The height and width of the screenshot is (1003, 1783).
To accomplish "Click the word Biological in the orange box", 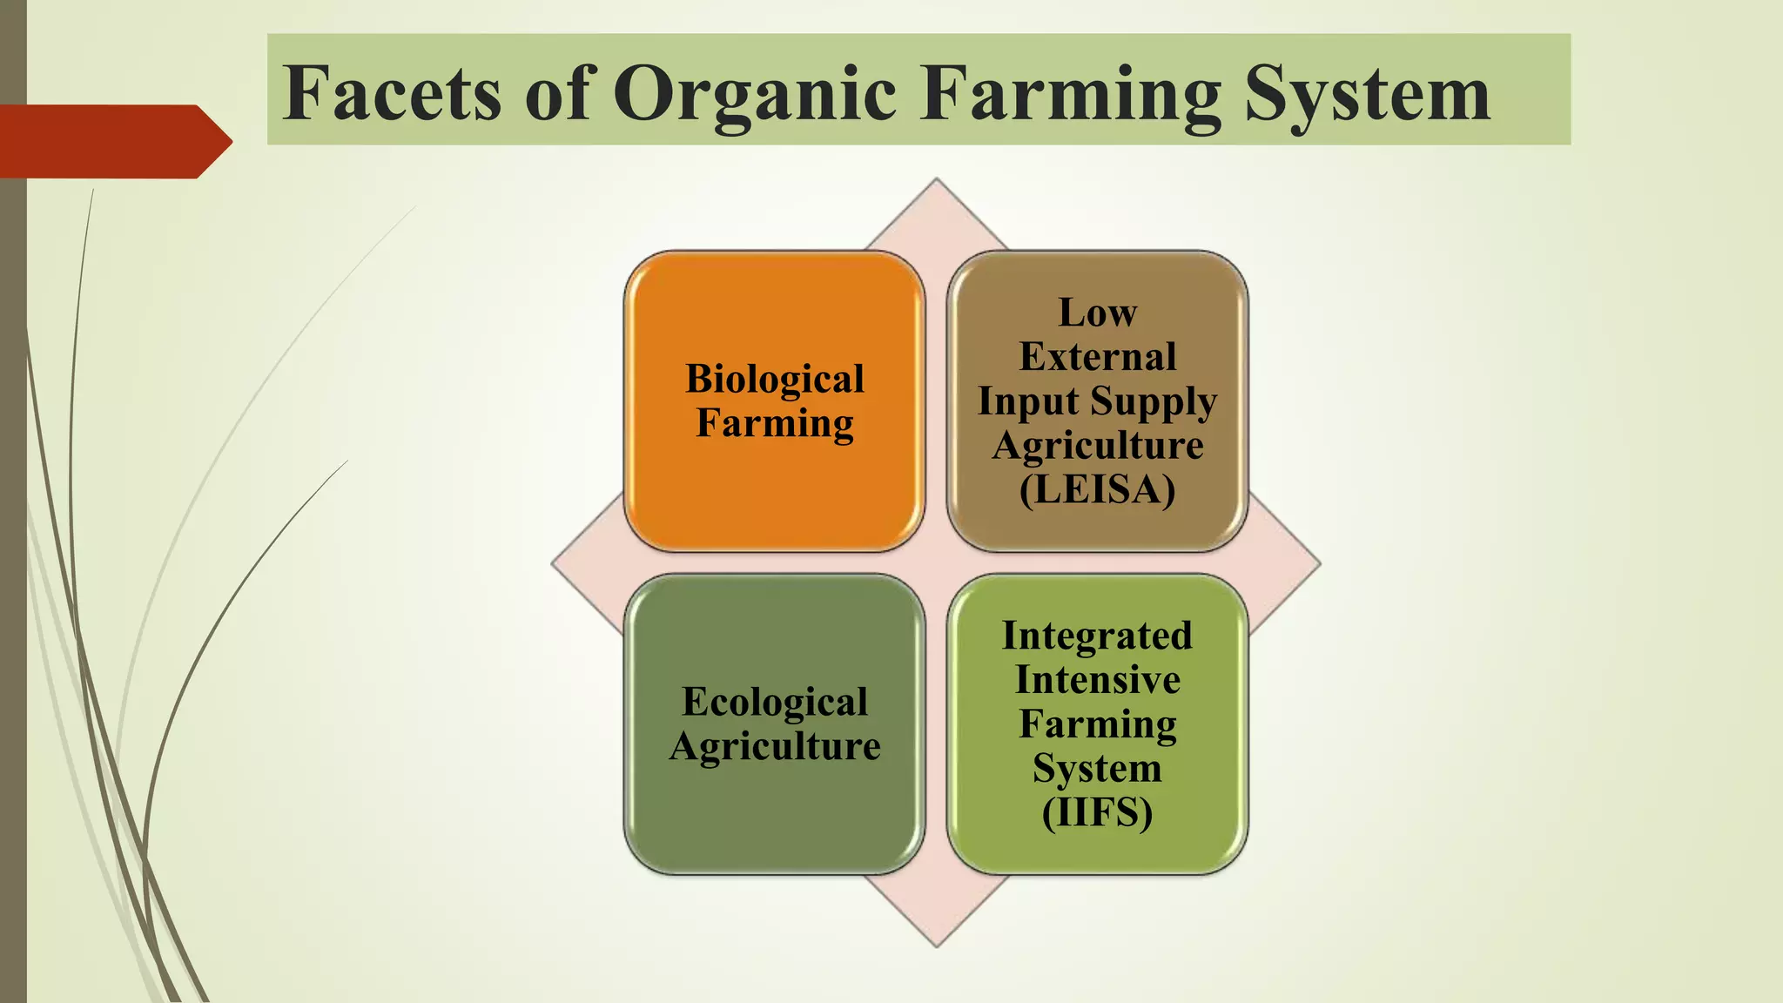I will (x=775, y=380).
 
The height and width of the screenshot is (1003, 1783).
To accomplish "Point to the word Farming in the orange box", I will (x=775, y=424).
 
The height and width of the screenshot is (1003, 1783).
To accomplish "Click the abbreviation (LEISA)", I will (x=1097, y=489).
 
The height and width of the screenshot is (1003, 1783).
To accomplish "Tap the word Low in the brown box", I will (x=1097, y=313).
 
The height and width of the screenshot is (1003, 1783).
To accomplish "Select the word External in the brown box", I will (x=1097, y=357).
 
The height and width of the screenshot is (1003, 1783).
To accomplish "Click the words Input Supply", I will (x=1097, y=402).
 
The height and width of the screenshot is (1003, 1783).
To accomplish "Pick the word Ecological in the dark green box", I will (x=775, y=702).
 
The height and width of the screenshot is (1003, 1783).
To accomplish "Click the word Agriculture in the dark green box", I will (x=775, y=746).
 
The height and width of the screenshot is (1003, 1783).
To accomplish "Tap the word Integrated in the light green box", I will (x=1097, y=636).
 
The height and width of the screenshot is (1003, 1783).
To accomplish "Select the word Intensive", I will (x=1097, y=680).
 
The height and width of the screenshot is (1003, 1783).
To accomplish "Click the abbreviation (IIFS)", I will (x=1097, y=813).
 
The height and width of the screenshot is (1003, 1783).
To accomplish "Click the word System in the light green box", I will (x=1097, y=769).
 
